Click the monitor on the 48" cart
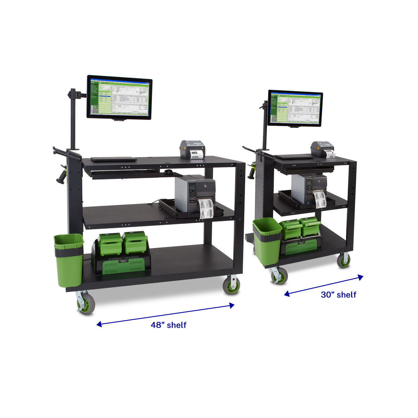point(119,98)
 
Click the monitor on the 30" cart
point(295,109)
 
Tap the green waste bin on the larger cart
point(68,260)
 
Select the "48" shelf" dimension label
point(169,325)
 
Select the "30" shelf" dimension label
point(338,295)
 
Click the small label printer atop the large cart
point(193,149)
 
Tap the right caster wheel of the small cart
point(344,260)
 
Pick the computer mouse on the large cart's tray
point(169,172)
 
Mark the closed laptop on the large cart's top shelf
point(114,159)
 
